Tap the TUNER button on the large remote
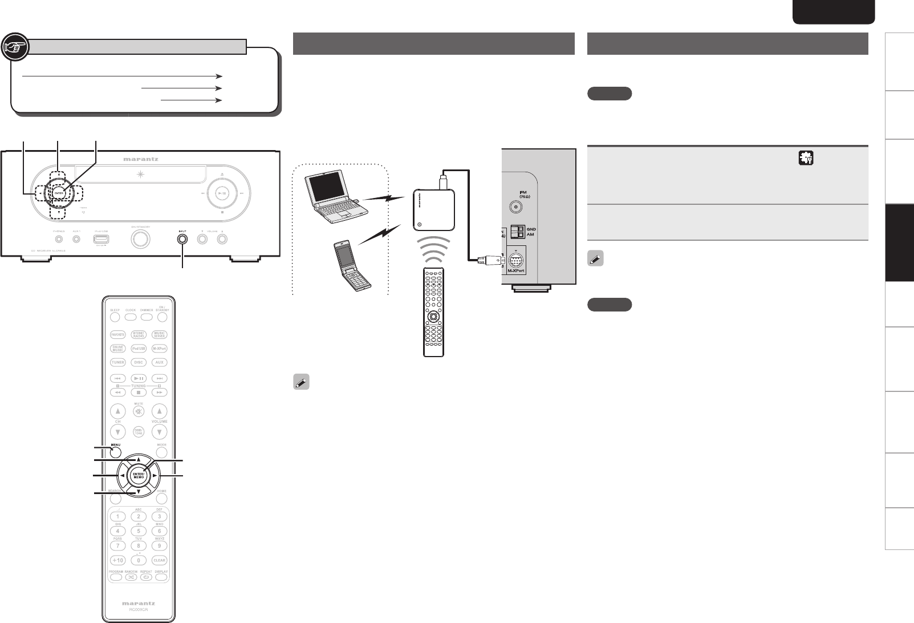pyautogui.click(x=117, y=362)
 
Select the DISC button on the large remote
pyautogui.click(x=139, y=362)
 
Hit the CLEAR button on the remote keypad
pyautogui.click(x=160, y=560)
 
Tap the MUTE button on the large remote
pyautogui.click(x=139, y=411)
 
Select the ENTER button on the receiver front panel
pyautogui.click(x=59, y=193)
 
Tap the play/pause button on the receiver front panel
pyautogui.click(x=223, y=193)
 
